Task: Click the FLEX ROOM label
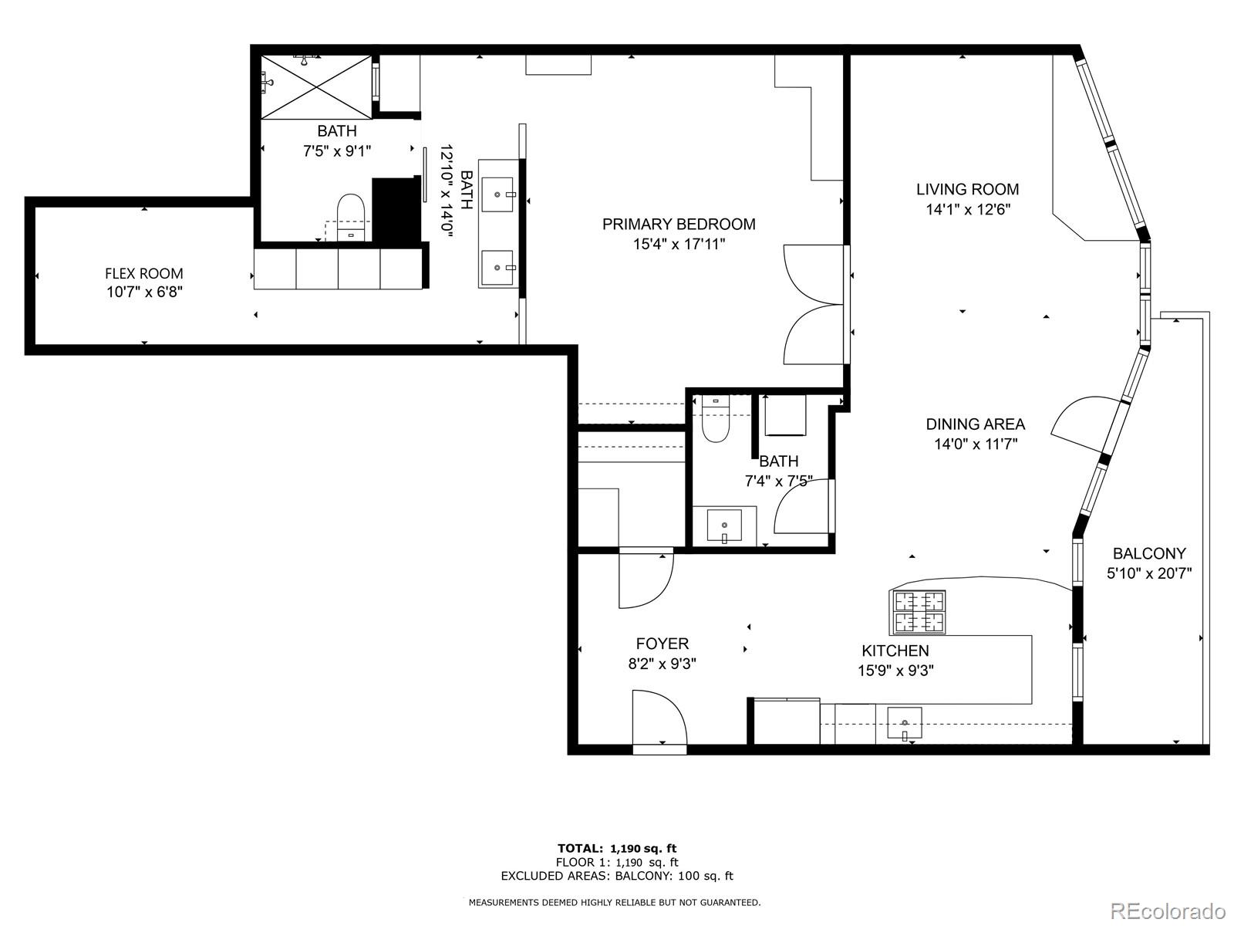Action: point(144,273)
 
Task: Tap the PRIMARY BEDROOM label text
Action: point(679,225)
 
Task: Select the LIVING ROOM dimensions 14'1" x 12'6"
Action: point(968,209)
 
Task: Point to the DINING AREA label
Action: point(975,424)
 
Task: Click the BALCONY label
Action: point(1149,553)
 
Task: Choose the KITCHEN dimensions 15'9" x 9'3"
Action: point(895,671)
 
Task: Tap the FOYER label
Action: point(662,644)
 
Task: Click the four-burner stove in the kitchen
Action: point(919,611)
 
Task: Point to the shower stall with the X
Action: point(317,86)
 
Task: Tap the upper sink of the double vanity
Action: point(497,194)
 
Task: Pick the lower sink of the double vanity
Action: point(497,268)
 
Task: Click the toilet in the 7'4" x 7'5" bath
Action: point(716,422)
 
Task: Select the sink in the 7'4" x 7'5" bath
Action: point(724,526)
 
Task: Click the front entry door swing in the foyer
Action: point(658,717)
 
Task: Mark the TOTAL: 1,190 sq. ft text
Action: point(617,848)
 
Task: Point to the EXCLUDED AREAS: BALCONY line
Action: point(617,876)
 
